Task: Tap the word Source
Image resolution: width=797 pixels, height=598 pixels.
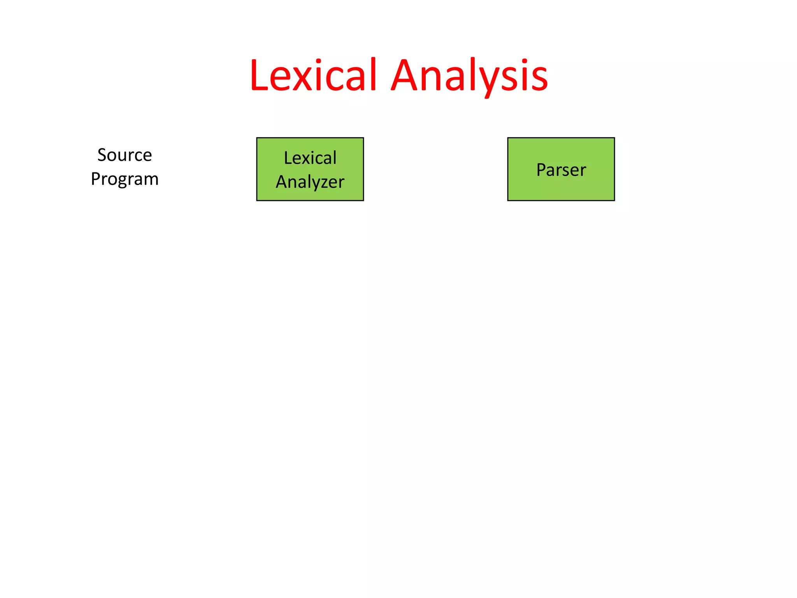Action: [x=125, y=155]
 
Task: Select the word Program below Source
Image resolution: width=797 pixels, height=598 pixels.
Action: [x=125, y=179]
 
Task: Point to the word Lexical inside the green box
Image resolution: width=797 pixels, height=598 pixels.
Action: [x=310, y=158]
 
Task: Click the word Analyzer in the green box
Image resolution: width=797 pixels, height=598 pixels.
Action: [x=310, y=182]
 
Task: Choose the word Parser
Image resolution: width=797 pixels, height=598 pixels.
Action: [x=561, y=170]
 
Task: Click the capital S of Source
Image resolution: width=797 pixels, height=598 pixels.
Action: [x=102, y=155]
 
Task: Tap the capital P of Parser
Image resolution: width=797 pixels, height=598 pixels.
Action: [x=541, y=170]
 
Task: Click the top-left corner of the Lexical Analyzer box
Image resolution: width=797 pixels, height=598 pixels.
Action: [x=257, y=138]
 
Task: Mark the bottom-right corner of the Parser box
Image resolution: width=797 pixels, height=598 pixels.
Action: [x=614, y=201]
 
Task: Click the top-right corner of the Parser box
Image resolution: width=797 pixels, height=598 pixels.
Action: [x=614, y=138]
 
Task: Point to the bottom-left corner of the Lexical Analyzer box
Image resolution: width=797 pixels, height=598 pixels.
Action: [x=257, y=201]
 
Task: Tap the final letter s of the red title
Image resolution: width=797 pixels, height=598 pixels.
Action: [x=539, y=78]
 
